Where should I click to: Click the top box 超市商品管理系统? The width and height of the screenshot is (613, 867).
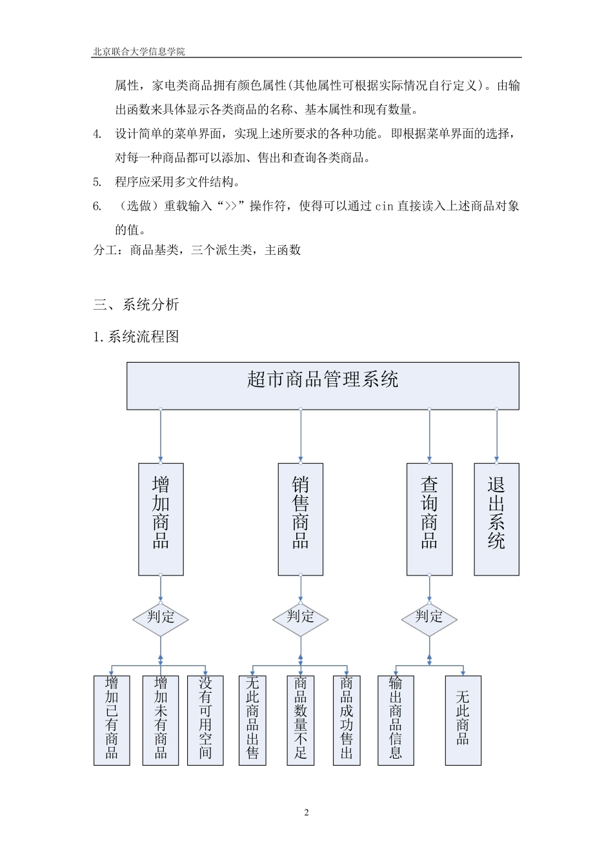323,385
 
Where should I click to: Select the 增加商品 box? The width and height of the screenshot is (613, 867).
161,519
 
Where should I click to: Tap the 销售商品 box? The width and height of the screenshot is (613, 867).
300,519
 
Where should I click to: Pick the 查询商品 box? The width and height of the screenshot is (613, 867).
429,519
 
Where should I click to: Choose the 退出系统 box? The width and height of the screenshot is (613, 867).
496,519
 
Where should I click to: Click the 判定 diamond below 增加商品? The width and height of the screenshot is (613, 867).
161,617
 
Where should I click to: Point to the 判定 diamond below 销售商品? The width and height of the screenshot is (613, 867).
300,617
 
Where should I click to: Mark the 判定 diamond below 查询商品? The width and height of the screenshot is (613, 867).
429,617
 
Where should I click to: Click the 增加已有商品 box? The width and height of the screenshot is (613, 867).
112,720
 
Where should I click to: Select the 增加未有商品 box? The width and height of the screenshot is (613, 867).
161,720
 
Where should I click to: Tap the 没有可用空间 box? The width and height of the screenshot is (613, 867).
205,720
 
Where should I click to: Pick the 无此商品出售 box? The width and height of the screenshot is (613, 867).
252,720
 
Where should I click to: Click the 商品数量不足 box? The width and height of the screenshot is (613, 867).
301,720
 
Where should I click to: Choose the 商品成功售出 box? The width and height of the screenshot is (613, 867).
347,720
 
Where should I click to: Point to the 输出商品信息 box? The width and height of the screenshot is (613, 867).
396,720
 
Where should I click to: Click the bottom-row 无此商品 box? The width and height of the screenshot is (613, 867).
463,720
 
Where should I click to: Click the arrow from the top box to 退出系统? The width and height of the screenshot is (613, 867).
497,435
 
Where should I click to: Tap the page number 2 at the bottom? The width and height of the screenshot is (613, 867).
306,812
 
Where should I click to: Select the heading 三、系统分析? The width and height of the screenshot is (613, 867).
136,304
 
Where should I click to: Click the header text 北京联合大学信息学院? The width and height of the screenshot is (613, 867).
139,52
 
